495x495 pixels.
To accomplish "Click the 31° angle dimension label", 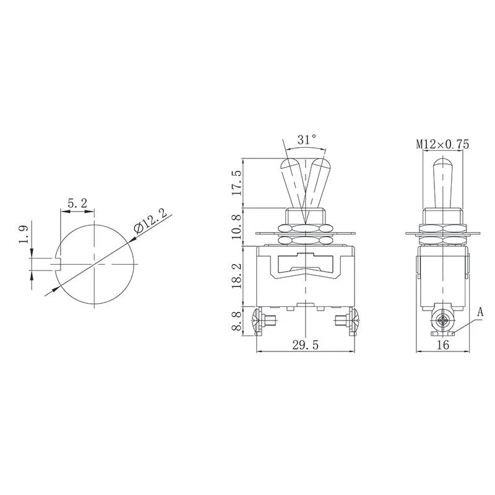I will pos(306,140).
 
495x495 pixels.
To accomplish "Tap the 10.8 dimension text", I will pos(236,226).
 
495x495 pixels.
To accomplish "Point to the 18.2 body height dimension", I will pos(236,275).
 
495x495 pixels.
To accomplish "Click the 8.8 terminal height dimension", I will pos(236,322).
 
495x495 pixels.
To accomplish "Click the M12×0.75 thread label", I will pos(442,144).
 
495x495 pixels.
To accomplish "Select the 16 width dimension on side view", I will pos(442,345).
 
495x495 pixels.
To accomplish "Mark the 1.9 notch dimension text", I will pos(24,238).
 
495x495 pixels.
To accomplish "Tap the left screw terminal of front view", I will pos(262,321).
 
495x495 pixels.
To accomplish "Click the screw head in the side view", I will pos(442,322).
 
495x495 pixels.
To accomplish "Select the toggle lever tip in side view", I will pos(442,165).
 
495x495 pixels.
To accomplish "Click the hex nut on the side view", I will pos(442,217).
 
